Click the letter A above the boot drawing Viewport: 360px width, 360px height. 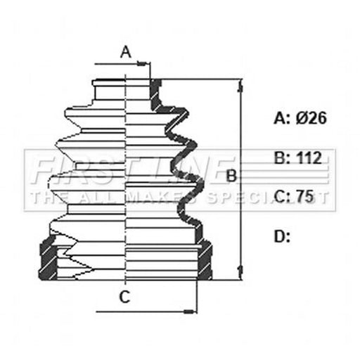(x=126, y=52)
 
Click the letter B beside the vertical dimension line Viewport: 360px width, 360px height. (x=231, y=176)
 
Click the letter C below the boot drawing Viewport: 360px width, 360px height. (x=124, y=297)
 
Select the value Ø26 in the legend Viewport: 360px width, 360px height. (x=311, y=118)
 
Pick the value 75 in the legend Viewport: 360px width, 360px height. (x=304, y=196)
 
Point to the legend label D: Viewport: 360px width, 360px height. (x=282, y=236)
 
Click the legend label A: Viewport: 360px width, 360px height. (x=282, y=118)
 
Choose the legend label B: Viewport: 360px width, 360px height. (x=282, y=157)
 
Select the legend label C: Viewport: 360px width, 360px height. (x=282, y=196)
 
